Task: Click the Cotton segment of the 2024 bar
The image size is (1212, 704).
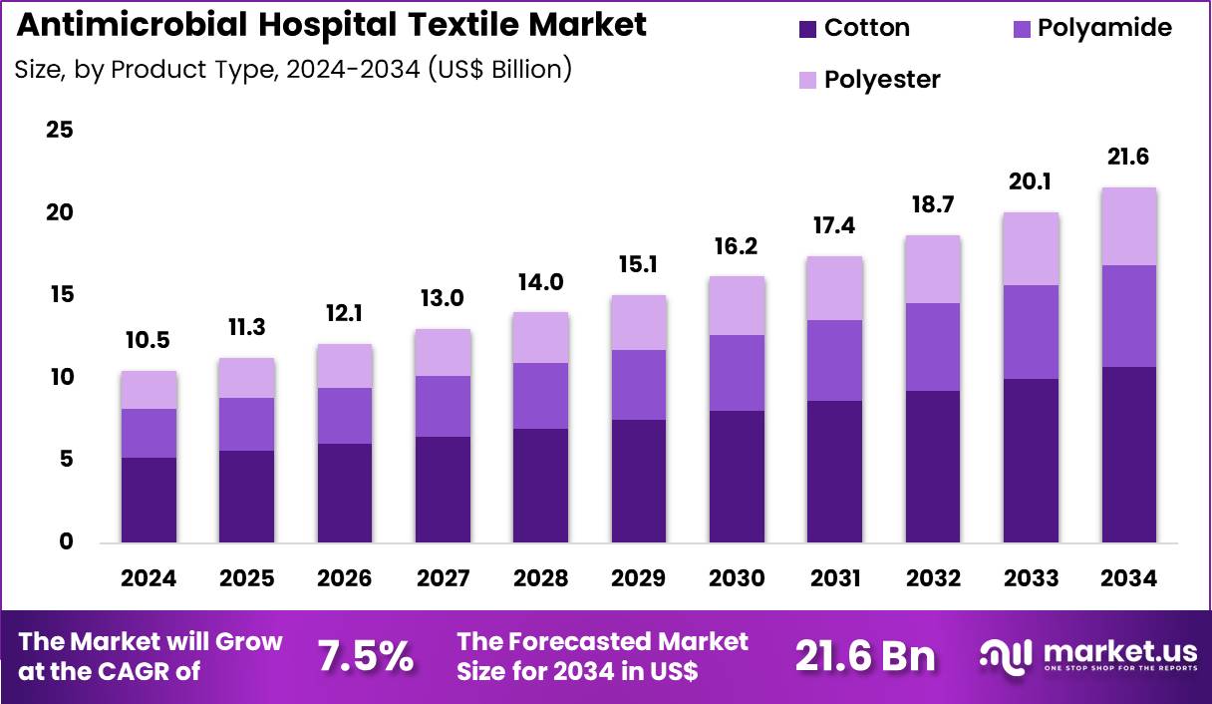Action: pos(149,499)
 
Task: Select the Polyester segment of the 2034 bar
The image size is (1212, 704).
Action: pos(1129,226)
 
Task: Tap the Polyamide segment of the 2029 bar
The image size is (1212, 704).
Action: pos(639,384)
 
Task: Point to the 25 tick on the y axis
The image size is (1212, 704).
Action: pos(59,131)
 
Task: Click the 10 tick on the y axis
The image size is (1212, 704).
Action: pos(59,377)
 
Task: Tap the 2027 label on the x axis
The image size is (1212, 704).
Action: pos(443,578)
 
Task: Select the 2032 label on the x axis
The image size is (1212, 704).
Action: pos(933,578)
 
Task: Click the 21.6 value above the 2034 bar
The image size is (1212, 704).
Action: pos(1129,157)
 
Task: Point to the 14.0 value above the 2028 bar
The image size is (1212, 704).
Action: pos(541,282)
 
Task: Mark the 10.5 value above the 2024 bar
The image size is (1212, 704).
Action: pos(149,340)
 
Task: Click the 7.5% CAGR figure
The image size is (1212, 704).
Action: pos(365,656)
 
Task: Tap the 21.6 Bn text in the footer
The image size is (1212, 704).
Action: pos(865,656)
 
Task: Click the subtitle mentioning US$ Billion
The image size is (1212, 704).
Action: pos(293,70)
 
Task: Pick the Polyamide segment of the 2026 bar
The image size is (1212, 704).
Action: pos(345,415)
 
